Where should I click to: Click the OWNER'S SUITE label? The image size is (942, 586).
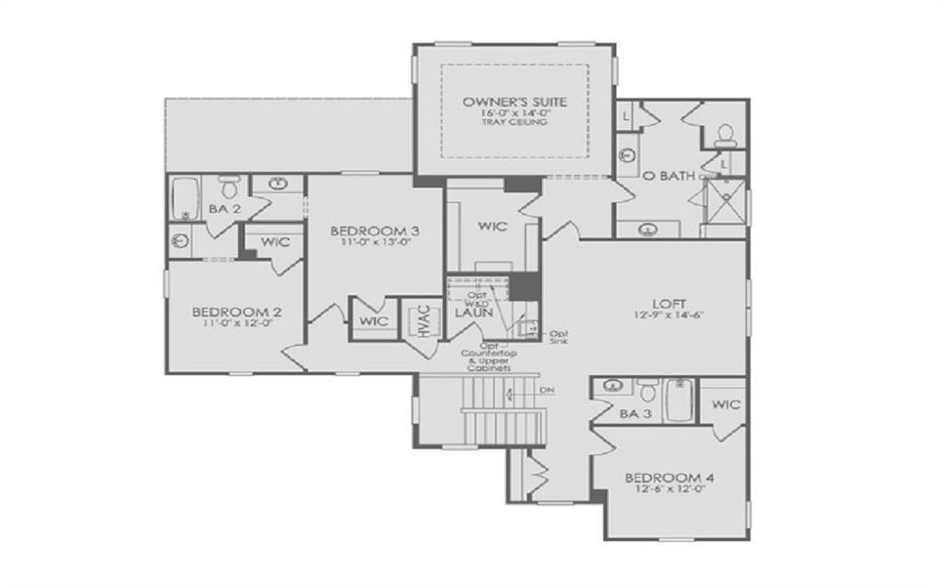(513, 102)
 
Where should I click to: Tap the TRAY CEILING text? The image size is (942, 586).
(513, 123)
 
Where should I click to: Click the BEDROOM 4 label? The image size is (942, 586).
(670, 478)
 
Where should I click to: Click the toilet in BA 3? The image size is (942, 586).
(646, 391)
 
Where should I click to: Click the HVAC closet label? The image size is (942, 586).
(425, 319)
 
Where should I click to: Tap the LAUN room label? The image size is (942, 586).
(471, 314)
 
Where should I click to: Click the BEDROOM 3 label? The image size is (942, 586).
(375, 230)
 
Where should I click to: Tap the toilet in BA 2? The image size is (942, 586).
(229, 186)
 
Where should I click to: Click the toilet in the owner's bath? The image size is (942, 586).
(725, 135)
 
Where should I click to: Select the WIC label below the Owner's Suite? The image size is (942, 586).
(491, 226)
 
